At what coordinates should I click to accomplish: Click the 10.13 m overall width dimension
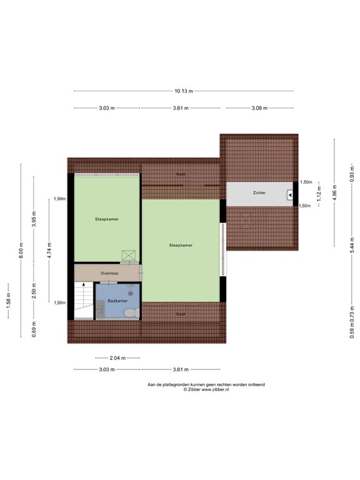(184, 91)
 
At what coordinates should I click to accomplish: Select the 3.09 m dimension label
(259, 108)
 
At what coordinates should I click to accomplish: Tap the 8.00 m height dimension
(21, 251)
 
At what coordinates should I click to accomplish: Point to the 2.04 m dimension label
(117, 358)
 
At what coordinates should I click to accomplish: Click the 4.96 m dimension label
(334, 192)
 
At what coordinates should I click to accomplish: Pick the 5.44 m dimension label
(352, 245)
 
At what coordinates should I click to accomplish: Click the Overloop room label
(109, 273)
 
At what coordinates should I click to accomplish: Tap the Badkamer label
(117, 301)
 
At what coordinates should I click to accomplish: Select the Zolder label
(259, 193)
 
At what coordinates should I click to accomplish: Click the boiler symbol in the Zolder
(290, 195)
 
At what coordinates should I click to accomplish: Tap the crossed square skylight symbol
(129, 256)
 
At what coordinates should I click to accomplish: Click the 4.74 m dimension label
(49, 251)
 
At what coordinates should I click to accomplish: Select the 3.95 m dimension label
(34, 219)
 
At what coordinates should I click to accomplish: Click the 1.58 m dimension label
(8, 301)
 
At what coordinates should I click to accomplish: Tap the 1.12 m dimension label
(319, 194)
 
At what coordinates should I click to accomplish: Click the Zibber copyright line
(206, 390)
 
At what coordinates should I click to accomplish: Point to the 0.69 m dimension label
(34, 329)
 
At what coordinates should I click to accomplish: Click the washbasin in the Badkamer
(100, 309)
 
